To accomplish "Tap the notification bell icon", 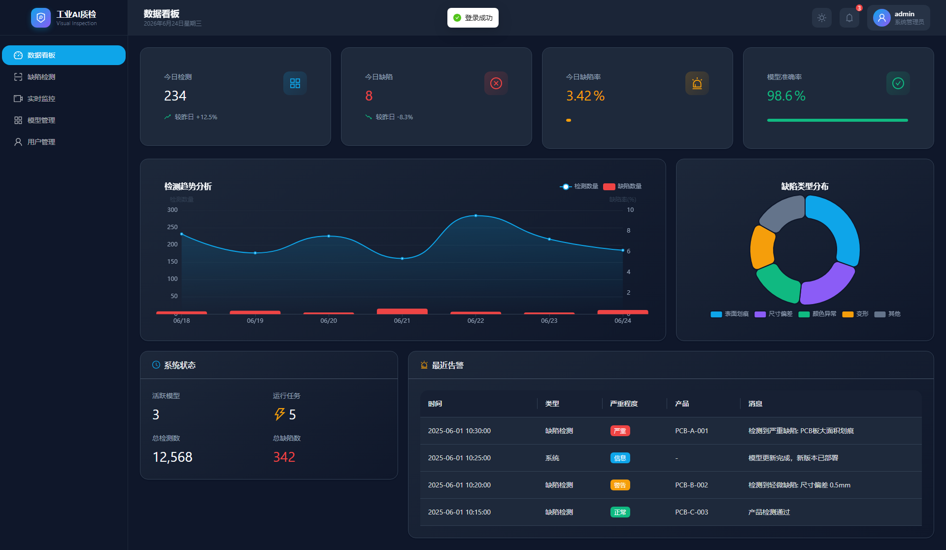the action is [849, 18].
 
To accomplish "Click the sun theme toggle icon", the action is [822, 18].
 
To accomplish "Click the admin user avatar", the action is [881, 18].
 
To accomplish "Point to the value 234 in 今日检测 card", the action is [175, 96].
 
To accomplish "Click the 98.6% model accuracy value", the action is [786, 96].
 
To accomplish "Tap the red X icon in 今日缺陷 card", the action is [496, 83].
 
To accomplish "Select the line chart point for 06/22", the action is [475, 216].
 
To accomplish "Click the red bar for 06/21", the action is [402, 311].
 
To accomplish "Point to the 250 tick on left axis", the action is [172, 227].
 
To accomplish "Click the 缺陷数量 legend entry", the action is [622, 186].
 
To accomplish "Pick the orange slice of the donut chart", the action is [762, 247].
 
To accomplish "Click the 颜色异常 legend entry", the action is [817, 314].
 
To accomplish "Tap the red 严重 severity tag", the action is [620, 431].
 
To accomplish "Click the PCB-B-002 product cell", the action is [691, 485].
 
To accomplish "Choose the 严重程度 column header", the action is [624, 404].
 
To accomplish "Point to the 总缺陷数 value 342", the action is [284, 457].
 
